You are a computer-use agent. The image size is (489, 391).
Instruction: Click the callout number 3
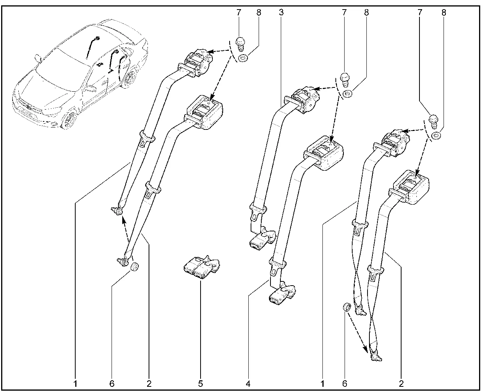pos(281,12)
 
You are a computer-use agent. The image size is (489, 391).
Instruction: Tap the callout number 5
pos(200,383)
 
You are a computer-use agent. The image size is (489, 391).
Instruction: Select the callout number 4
pos(248,383)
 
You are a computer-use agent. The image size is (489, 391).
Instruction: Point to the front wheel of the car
pos(69,119)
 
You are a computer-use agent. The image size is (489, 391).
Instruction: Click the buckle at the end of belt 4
pos(282,293)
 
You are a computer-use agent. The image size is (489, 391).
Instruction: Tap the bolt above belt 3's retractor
pos(345,80)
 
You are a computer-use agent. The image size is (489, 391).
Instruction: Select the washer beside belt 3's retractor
pos(347,94)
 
